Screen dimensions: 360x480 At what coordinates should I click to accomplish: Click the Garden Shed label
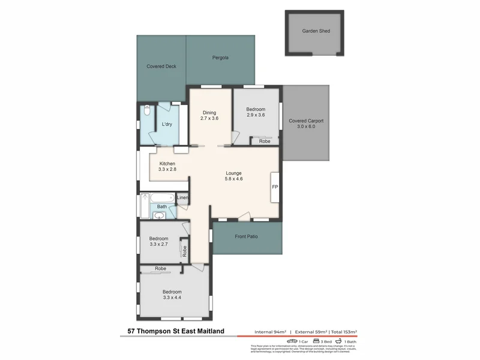[x=316, y=31]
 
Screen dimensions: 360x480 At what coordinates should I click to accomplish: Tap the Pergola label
[x=220, y=58]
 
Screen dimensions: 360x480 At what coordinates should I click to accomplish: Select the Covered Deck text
[x=161, y=67]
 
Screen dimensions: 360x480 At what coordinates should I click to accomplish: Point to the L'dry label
[x=167, y=124]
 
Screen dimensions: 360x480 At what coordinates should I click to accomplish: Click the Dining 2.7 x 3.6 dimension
[x=209, y=119]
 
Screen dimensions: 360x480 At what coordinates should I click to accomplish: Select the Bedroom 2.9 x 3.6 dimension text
[x=256, y=115]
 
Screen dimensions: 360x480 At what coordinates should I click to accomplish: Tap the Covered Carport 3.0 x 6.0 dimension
[x=306, y=127]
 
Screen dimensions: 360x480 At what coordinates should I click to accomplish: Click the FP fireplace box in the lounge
[x=275, y=188]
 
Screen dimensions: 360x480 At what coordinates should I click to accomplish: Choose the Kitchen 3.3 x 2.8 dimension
[x=167, y=170]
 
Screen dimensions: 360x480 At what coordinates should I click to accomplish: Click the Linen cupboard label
[x=182, y=198]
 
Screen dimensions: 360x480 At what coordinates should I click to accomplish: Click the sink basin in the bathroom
[x=161, y=215]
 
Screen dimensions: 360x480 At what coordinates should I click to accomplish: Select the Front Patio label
[x=247, y=236]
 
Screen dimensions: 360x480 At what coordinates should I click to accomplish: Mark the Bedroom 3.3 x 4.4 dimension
[x=172, y=298]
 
